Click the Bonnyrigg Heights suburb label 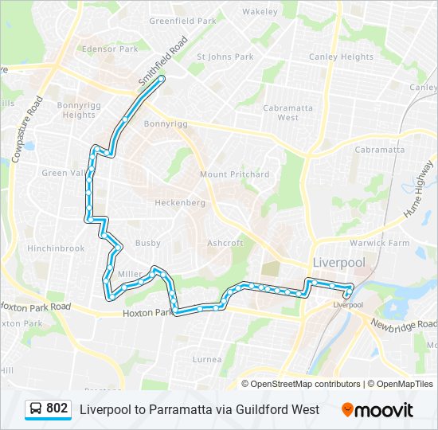(79, 110)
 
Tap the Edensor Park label (111, 49)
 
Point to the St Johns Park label (225, 57)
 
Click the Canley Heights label (341, 57)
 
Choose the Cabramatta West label (276, 112)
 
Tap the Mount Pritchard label (234, 174)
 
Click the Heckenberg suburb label (179, 203)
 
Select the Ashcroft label (225, 243)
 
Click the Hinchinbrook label (56, 248)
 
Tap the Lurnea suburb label (207, 359)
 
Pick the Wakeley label (260, 12)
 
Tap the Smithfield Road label (162, 61)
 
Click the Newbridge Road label (402, 324)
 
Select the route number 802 (57, 408)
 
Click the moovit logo (377, 410)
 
